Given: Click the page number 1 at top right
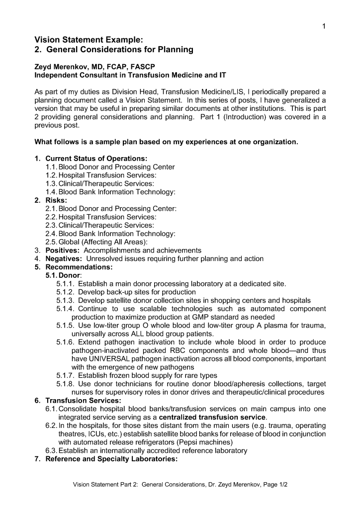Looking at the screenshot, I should pos(324,27).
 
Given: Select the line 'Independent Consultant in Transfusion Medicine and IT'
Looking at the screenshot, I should pos(130,75).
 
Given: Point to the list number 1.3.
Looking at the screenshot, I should pos(51,184).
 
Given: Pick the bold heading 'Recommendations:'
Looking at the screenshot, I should pos(79,267).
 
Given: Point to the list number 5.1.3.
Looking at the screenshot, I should pos(66,301).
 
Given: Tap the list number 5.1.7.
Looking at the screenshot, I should pos(66,376).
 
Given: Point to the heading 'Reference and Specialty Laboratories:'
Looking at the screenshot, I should pos(111,459).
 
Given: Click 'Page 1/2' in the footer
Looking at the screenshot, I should pos(272,484).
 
